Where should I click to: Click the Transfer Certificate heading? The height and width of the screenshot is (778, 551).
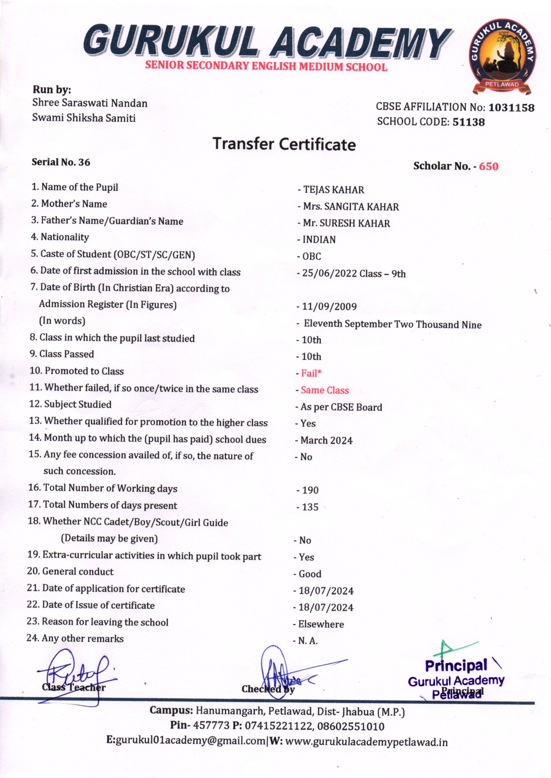pyautogui.click(x=284, y=144)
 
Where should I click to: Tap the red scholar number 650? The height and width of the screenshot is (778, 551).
pyautogui.click(x=488, y=166)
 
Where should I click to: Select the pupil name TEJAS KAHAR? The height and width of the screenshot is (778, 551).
pyautogui.click(x=333, y=190)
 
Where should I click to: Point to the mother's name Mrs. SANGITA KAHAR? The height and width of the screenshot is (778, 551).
pyautogui.click(x=351, y=207)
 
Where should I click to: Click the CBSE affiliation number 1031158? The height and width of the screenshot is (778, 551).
pyautogui.click(x=511, y=108)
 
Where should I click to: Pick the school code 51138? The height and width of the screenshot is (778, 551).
pyautogui.click(x=468, y=122)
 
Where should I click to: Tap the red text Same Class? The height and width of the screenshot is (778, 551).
pyautogui.click(x=325, y=390)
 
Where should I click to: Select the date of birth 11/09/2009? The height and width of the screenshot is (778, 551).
pyautogui.click(x=329, y=306)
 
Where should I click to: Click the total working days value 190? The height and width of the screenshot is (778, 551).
pyautogui.click(x=310, y=490)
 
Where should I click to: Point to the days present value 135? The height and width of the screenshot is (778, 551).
pyautogui.click(x=310, y=507)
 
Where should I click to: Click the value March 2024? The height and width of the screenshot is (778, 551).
pyautogui.click(x=326, y=441)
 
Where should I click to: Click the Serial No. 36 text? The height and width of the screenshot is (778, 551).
pyautogui.click(x=61, y=162)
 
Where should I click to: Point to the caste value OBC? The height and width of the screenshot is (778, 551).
pyautogui.click(x=311, y=256)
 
